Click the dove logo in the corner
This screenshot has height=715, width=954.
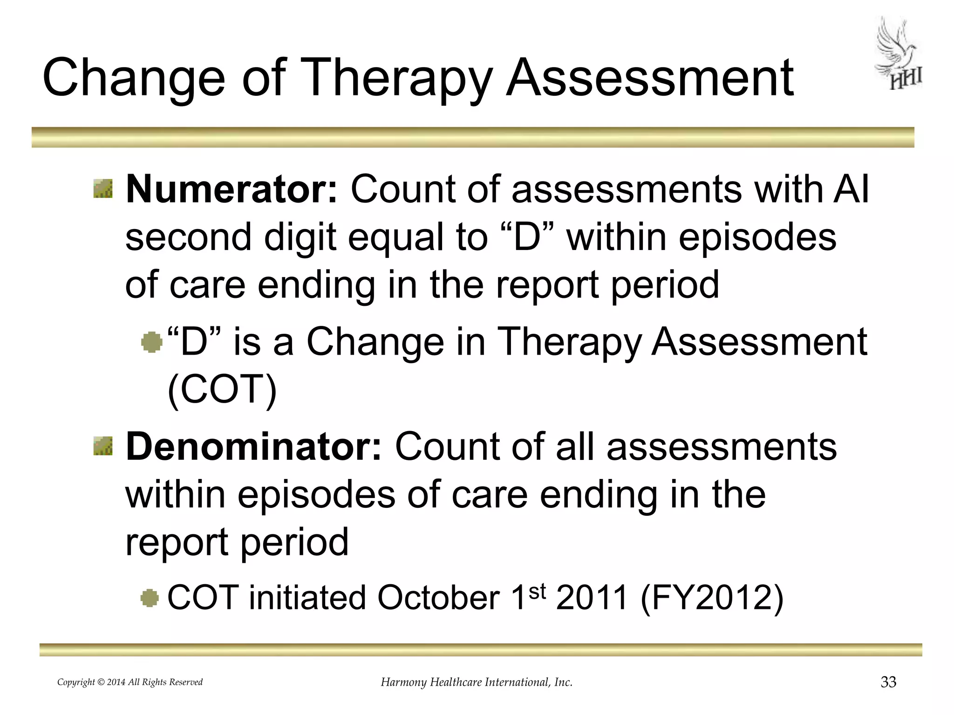pos(898,54)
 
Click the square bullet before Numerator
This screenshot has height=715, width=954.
pos(103,189)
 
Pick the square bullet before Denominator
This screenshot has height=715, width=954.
pos(103,446)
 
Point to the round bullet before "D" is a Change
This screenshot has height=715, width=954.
pos(151,343)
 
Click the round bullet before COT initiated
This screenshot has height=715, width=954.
pos(150,598)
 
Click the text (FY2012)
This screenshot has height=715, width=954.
pos(712,598)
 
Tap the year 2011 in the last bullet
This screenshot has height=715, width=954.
pos(592,598)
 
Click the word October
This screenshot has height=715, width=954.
pos(438,598)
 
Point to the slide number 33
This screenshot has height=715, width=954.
pos(888,682)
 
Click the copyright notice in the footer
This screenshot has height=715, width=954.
pos(130,682)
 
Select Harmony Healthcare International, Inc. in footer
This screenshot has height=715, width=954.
pos(477,682)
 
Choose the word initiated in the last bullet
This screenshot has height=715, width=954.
pos(307,598)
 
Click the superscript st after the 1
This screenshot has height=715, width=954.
pos(537,591)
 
